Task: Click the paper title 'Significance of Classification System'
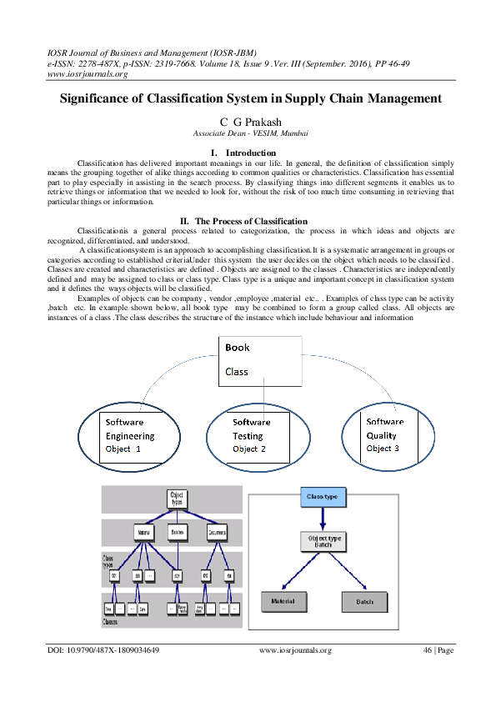click(250, 98)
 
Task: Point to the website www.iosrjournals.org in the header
click(88, 73)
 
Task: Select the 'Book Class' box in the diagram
click(265, 360)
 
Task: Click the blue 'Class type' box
click(323, 497)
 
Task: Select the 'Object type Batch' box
click(322, 541)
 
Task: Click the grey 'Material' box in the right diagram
click(284, 600)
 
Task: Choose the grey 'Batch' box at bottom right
click(365, 600)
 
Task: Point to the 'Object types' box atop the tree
click(177, 498)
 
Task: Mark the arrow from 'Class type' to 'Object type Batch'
click(323, 517)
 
